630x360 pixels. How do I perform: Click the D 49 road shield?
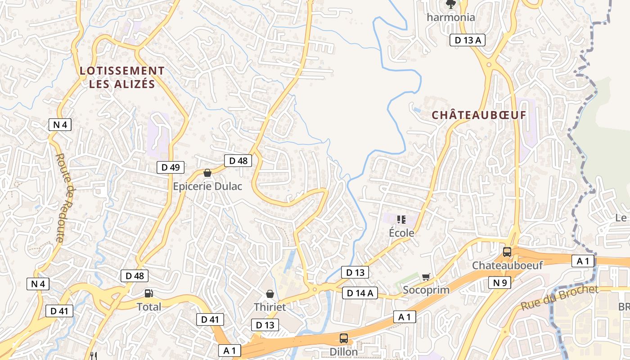171,167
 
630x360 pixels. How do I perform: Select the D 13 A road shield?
468,40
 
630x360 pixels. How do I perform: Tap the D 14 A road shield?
360,293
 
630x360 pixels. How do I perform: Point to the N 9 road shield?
499,283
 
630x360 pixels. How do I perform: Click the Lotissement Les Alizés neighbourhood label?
122,77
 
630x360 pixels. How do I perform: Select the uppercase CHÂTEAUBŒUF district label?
479,115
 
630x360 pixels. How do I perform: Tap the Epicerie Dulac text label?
207,186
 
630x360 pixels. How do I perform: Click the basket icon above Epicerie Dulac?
207,173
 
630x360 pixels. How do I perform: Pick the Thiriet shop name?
270,307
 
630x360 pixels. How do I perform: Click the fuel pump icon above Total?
148,293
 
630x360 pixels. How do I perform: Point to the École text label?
401,233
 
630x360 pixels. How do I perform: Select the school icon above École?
401,220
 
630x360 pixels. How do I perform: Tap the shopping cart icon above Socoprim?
426,277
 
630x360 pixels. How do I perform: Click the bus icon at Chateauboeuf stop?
507,252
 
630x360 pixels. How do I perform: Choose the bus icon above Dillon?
344,338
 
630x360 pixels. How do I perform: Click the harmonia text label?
451,18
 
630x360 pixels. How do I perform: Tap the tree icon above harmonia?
450,4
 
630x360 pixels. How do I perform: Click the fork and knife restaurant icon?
94,356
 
